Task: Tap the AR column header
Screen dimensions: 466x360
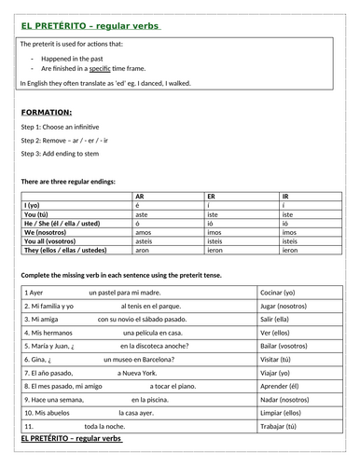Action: (140, 198)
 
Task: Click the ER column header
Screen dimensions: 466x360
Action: (211, 198)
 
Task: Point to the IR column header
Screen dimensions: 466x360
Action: (284, 198)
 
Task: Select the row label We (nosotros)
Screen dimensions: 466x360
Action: (42, 233)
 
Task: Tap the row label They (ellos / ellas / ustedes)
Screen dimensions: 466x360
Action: (64, 251)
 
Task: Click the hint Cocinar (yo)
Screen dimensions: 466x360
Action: (281, 293)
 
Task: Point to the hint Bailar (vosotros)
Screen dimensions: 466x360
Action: (286, 345)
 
